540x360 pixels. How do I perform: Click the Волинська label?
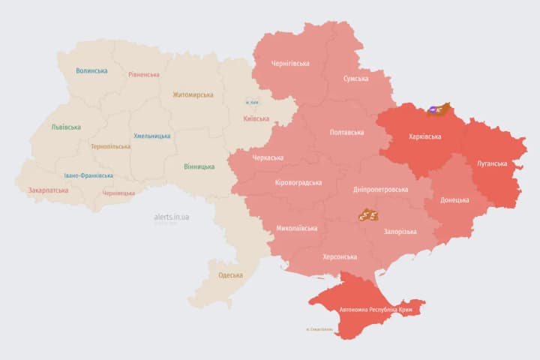click(91, 71)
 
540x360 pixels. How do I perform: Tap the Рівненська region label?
click(144, 75)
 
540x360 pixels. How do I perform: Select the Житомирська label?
click(193, 95)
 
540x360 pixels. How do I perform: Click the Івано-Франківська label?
click(89, 175)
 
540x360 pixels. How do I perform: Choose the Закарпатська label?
click(48, 190)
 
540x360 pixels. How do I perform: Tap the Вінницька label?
click(199, 166)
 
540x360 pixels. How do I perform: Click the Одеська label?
click(230, 275)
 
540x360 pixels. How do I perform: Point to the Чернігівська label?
click(289, 64)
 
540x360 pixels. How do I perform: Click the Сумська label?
click(355, 79)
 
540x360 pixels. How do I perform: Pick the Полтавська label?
click(346, 133)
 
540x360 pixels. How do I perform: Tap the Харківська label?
click(424, 137)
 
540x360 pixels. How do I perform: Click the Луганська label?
click(492, 163)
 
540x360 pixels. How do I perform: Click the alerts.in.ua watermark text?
click(171, 217)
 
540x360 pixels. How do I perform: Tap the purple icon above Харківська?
click(433, 111)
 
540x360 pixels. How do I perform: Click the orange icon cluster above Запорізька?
click(367, 215)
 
